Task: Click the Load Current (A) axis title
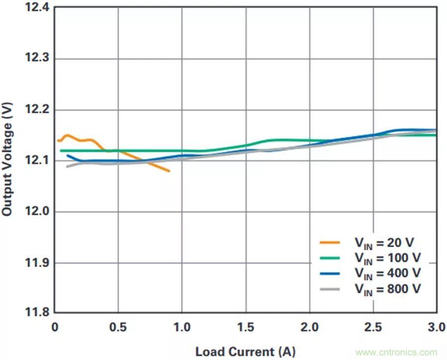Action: (245, 352)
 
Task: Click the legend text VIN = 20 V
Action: (384, 243)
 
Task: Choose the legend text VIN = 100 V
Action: (387, 258)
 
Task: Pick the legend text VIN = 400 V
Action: (387, 273)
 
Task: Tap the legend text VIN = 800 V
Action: (387, 288)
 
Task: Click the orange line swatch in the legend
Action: (330, 243)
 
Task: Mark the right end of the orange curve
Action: (169, 171)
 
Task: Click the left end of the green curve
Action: (60, 150)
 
